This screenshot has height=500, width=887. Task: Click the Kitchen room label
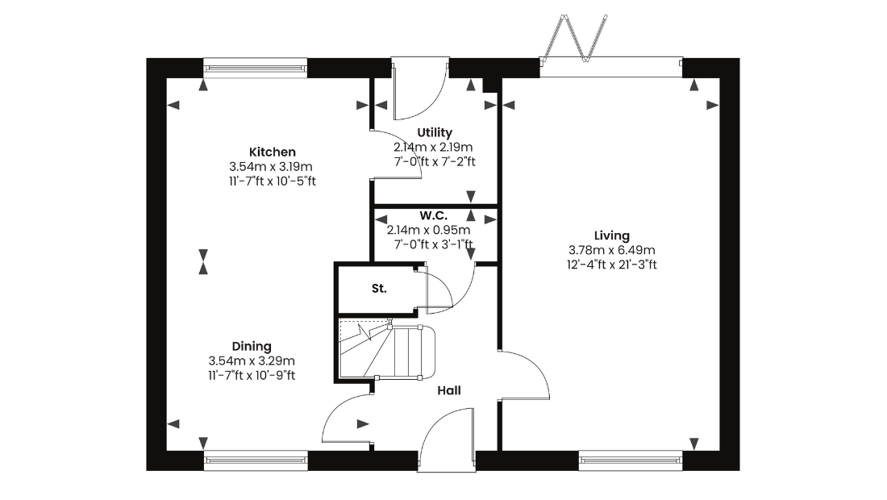point(272,152)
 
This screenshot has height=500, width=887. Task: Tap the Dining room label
point(252,346)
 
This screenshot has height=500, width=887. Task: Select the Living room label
point(611,235)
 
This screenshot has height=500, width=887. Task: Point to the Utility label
point(435,132)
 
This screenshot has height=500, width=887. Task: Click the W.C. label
point(433,215)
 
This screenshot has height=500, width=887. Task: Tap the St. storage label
point(379,289)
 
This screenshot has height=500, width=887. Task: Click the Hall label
point(449,390)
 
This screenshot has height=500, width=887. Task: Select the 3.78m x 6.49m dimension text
point(611,250)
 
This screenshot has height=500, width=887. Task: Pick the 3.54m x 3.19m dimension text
point(271,167)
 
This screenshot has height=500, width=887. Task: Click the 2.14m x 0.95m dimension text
point(429,230)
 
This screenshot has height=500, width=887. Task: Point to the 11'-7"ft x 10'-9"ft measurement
point(252,375)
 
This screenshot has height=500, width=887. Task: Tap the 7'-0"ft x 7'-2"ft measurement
point(435,162)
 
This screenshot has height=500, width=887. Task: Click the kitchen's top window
point(255,68)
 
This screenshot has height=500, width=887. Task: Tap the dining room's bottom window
point(256,460)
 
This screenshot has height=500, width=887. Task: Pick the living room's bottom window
point(631,460)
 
